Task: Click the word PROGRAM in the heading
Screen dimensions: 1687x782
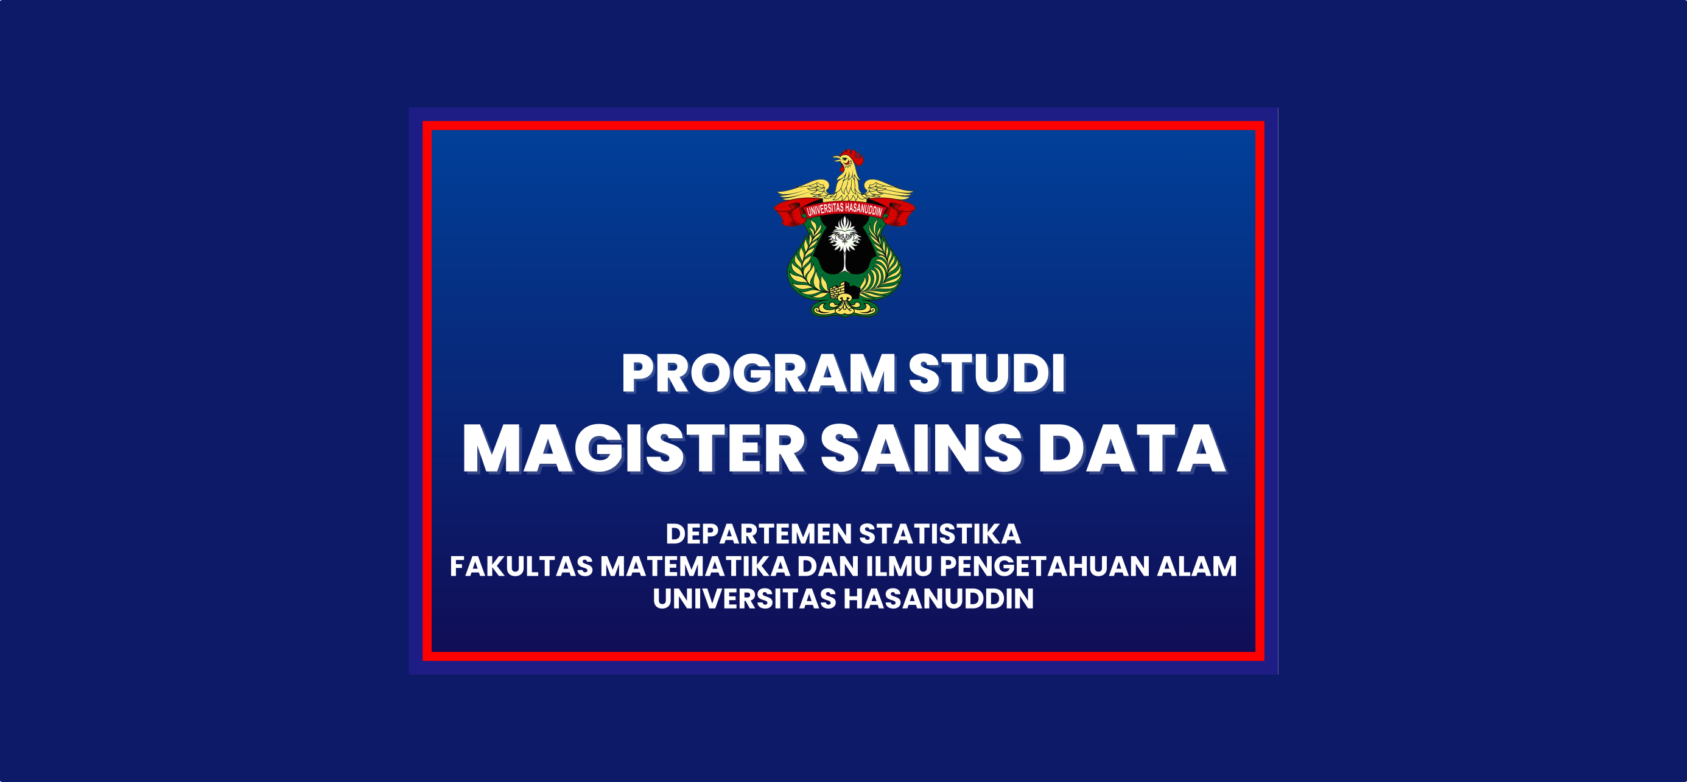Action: point(759,374)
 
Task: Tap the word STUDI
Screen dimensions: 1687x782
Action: point(987,374)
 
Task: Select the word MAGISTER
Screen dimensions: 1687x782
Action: point(633,449)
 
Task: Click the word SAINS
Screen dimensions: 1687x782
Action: point(921,449)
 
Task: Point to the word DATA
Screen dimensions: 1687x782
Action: point(1132,449)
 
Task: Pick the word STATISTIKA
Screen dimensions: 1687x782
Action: point(940,534)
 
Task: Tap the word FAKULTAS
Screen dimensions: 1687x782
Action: point(521,567)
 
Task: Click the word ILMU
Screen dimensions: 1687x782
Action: point(899,567)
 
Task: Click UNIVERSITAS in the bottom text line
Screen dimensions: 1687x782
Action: point(745,599)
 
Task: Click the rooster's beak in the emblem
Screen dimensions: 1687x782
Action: point(837,159)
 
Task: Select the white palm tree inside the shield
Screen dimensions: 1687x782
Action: point(845,243)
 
